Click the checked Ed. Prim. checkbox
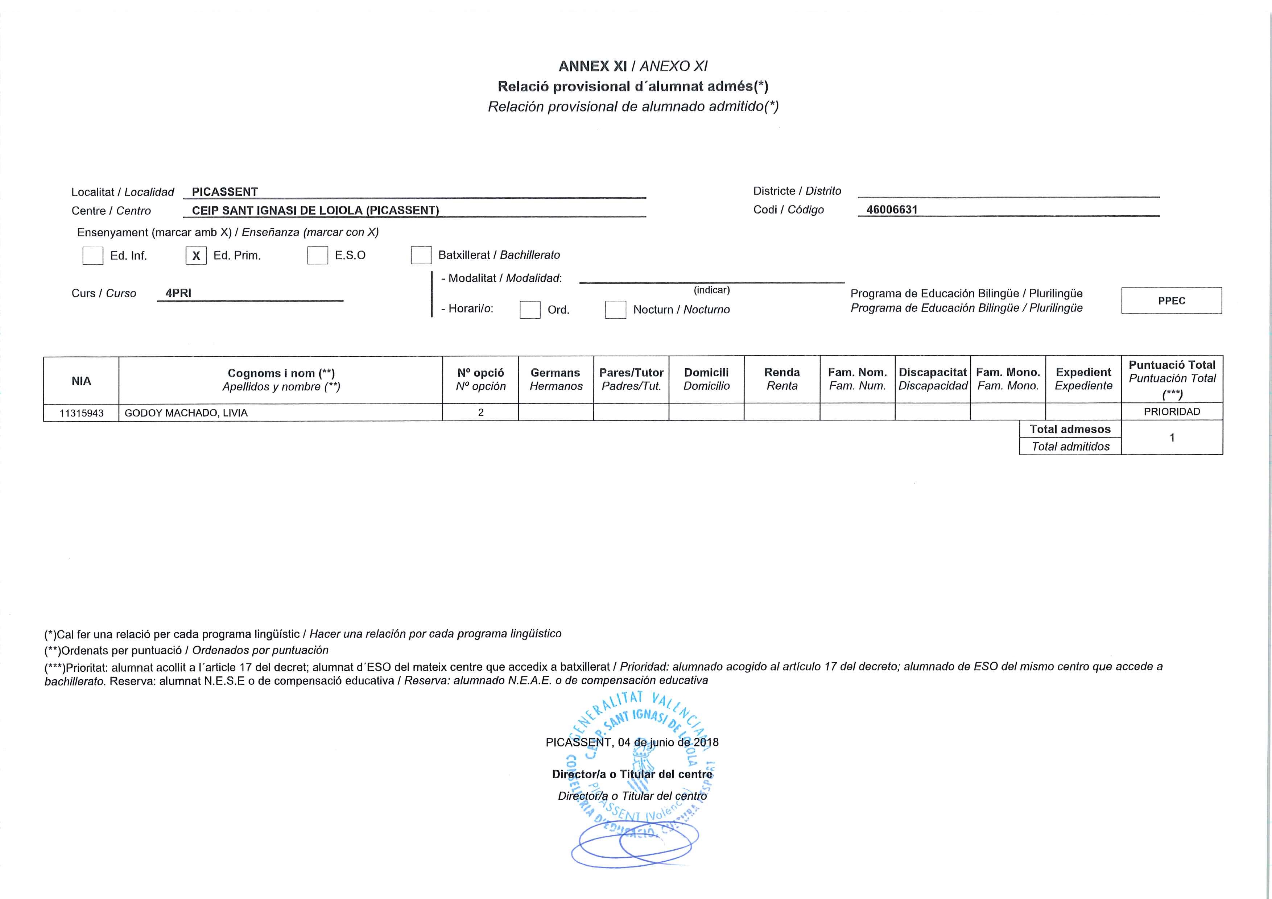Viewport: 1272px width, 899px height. point(196,255)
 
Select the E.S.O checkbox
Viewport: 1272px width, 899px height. point(317,255)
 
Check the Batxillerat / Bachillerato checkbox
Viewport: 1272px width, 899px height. point(421,255)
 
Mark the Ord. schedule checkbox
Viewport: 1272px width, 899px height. point(530,310)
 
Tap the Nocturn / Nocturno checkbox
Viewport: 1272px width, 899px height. point(615,310)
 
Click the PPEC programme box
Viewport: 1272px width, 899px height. point(1171,301)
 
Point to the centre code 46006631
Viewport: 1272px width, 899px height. point(892,210)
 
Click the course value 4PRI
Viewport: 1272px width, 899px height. point(178,293)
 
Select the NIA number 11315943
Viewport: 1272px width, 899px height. point(82,413)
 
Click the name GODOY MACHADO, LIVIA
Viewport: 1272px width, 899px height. point(186,413)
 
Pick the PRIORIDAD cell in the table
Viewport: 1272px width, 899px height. point(1172,411)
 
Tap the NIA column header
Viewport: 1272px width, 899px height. point(82,381)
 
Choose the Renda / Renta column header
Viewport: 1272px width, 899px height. point(782,379)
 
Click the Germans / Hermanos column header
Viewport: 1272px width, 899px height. point(556,379)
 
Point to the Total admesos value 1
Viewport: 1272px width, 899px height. point(1172,438)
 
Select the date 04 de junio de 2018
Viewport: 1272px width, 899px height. point(668,742)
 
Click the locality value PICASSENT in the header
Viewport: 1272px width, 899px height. point(225,192)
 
